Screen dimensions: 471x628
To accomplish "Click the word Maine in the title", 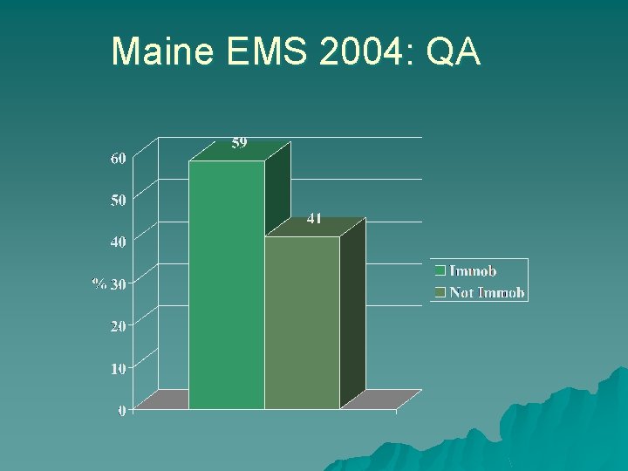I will pos(162,52).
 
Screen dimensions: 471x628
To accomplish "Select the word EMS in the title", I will pos(269,52).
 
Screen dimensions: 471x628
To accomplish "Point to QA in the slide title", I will pos(454,52).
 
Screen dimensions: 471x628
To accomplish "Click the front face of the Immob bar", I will pos(227,284).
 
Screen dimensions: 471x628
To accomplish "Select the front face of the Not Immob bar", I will pos(302,323).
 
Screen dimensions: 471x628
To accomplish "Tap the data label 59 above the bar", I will pos(240,143).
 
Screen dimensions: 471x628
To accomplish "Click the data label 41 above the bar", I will pos(314,219).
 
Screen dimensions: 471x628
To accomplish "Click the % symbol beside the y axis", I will pos(99,283).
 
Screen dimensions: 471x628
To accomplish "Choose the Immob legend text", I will pos(473,271).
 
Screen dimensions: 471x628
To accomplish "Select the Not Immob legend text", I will pos(487,292).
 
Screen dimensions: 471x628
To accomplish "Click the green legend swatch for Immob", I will pos(441,271).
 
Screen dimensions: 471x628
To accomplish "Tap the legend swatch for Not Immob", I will pos(441,292).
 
